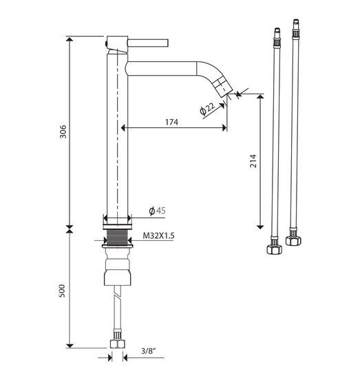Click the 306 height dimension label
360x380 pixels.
pos(63,131)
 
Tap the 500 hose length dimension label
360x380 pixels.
pos(62,291)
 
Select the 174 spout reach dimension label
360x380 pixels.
pos(171,122)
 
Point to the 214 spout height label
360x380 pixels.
pos(253,160)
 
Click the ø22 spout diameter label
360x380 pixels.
pos(207,109)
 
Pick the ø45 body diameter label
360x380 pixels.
pos(157,211)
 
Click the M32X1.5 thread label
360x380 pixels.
pos(158,235)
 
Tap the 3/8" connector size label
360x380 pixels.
pos(148,351)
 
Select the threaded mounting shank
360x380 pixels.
pos(117,237)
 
